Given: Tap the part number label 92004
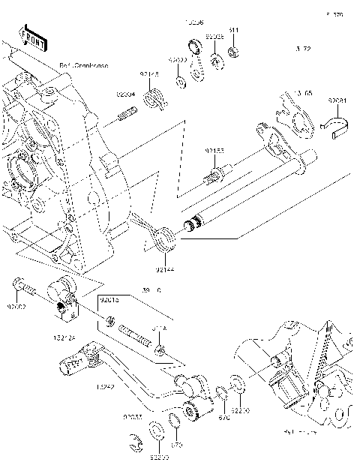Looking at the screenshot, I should (124, 95).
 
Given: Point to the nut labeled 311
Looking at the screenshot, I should (233, 52).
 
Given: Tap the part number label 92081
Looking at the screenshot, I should (337, 98).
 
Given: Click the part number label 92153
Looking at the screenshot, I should (214, 151).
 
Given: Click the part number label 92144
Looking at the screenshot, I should (166, 268).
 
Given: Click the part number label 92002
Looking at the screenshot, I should (16, 306).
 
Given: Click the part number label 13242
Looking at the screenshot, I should (103, 388).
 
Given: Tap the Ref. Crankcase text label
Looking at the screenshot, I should (84, 66).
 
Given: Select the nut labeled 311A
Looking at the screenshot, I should (160, 351).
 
